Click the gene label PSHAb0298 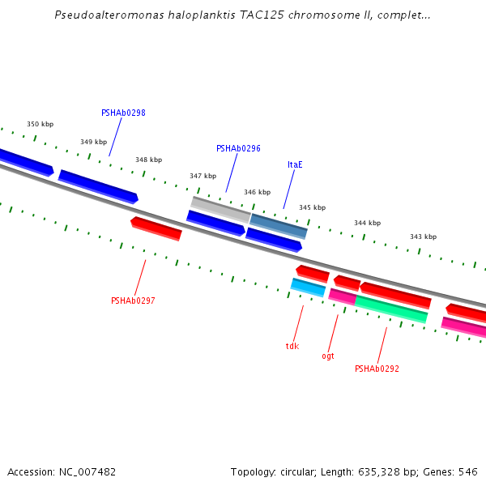click(x=123, y=113)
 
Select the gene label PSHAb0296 click(x=238, y=149)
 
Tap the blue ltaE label click(x=295, y=164)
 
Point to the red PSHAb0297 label click(x=133, y=301)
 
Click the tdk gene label click(x=292, y=346)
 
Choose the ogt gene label click(x=328, y=356)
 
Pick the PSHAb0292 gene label click(x=377, y=369)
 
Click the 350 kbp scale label click(x=40, y=124)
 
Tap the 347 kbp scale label click(x=202, y=176)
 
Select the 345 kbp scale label click(x=312, y=207)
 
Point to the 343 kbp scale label click(x=423, y=237)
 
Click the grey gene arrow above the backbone click(x=220, y=209)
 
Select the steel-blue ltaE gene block click(x=279, y=226)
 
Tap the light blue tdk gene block click(x=308, y=288)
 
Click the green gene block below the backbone click(x=390, y=309)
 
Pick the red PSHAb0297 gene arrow click(x=156, y=228)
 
